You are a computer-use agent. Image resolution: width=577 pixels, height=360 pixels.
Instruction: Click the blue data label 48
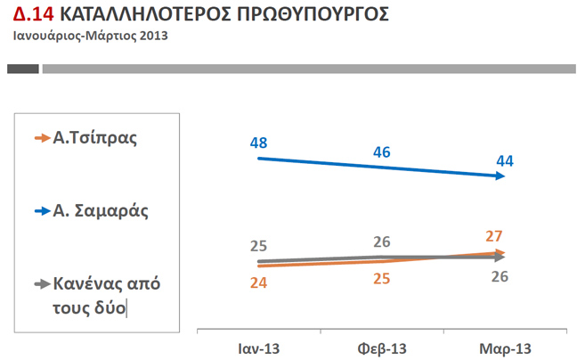(259, 142)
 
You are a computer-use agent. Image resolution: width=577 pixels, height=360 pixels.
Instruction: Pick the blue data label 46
(382, 151)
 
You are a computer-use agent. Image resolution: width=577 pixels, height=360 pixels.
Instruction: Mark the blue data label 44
(505, 160)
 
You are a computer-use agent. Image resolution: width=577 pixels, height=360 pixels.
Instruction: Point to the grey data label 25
(260, 246)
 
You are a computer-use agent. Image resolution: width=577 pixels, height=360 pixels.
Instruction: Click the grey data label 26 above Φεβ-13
(382, 241)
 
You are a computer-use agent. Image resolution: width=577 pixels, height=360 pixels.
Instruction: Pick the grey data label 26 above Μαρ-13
(500, 276)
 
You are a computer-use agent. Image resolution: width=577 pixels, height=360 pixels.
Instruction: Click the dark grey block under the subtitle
(23, 69)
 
